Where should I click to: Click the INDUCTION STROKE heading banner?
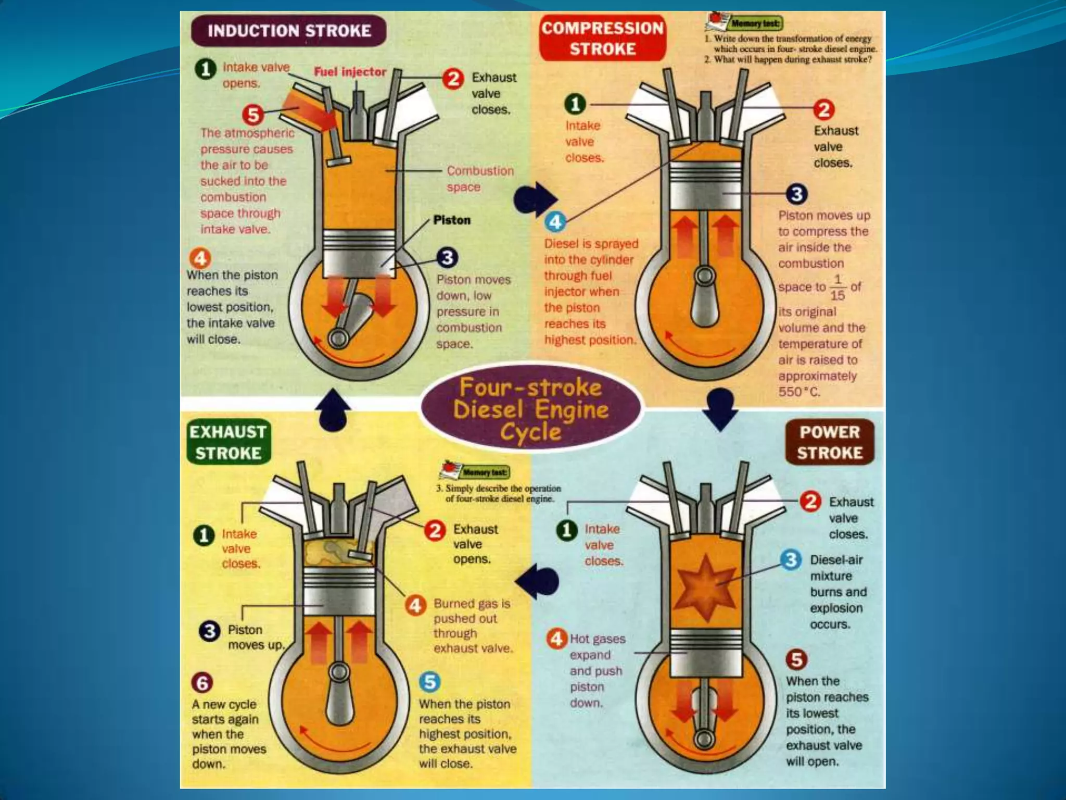tap(289, 31)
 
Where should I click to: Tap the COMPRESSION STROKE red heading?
tap(602, 39)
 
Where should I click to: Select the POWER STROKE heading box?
tap(829, 442)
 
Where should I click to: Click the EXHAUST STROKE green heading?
tap(228, 442)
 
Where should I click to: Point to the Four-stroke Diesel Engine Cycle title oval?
tap(531, 410)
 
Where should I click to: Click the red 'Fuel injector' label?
tap(350, 72)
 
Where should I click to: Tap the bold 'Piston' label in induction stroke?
tap(452, 220)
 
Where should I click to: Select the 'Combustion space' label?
tap(479, 179)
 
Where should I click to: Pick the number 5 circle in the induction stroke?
tap(253, 114)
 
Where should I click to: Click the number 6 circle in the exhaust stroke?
tap(202, 682)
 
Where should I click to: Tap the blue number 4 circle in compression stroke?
tap(555, 222)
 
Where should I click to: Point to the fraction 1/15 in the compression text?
tap(837, 287)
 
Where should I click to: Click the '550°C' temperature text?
tap(799, 392)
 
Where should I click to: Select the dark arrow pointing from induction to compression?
tap(535, 198)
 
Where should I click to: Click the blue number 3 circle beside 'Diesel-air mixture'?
tap(791, 560)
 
